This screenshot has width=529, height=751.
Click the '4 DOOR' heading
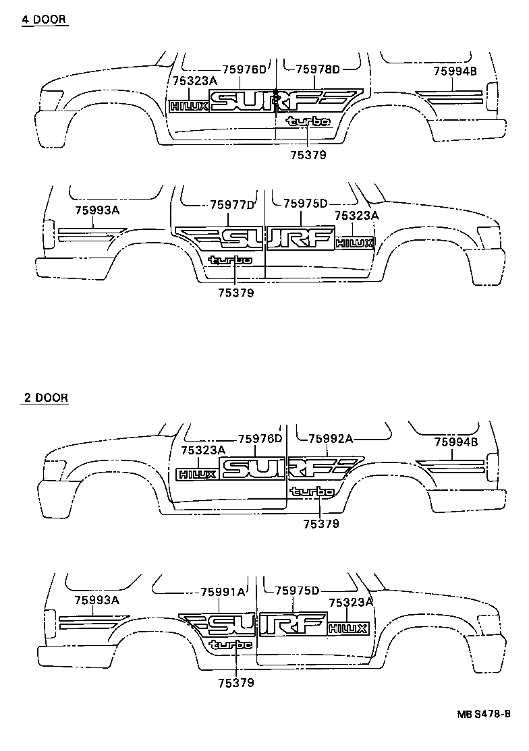(x=45, y=20)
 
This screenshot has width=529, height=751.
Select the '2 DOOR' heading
(x=45, y=398)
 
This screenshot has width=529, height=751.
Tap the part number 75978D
(x=317, y=69)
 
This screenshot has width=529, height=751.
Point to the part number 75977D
(x=232, y=204)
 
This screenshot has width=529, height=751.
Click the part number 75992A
(x=331, y=439)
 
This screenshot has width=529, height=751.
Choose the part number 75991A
(x=223, y=592)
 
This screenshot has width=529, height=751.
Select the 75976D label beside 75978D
(x=245, y=69)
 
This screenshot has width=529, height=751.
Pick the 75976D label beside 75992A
(x=260, y=439)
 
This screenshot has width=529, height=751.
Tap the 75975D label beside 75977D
(x=305, y=204)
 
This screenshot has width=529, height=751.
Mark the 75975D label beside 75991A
(x=296, y=591)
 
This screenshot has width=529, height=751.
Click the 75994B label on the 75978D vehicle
(x=455, y=71)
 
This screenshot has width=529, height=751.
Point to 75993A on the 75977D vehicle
(x=97, y=210)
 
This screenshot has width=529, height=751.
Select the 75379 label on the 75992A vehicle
(x=321, y=524)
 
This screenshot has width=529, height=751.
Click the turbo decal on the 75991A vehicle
(x=231, y=645)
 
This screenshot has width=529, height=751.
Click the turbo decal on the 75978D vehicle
(x=308, y=121)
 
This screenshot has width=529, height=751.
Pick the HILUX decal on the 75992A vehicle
(x=196, y=474)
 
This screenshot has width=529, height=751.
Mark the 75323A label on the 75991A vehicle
(x=350, y=602)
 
